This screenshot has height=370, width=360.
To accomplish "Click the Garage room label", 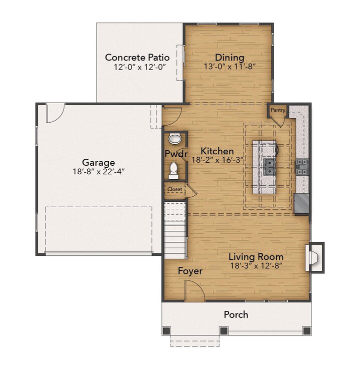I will pyautogui.click(x=98, y=163).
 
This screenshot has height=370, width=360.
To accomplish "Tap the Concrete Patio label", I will pyautogui.click(x=137, y=58).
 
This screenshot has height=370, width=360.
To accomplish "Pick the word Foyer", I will pyautogui.click(x=190, y=271).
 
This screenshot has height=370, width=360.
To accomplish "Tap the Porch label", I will pyautogui.click(x=235, y=315).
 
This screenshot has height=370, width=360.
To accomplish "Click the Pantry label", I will pyautogui.click(x=277, y=110).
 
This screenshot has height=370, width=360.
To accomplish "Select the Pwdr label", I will pyautogui.click(x=175, y=154).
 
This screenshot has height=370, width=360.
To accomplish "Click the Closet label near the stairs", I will pyautogui.click(x=174, y=190).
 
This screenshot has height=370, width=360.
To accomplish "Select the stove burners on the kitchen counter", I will pyautogui.click(x=302, y=166).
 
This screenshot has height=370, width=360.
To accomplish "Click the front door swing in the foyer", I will pyautogui.click(x=193, y=291).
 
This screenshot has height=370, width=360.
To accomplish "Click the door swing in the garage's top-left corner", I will pyautogui.click(x=54, y=113).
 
